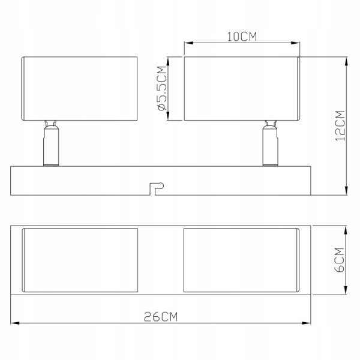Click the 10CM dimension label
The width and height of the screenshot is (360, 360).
[242, 37]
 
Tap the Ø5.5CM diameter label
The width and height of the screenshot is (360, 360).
[162, 88]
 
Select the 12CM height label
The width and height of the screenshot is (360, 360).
[340, 126]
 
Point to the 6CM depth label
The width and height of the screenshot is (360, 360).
[340, 260]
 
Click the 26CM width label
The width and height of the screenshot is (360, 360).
[161, 317]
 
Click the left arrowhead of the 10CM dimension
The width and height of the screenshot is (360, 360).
[189, 43]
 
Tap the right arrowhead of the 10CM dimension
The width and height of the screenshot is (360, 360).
[295, 43]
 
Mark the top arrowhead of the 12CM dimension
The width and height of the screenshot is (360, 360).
[346, 62]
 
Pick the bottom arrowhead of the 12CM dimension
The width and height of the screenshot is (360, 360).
[346, 191]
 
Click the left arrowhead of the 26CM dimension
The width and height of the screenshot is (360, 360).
[15, 323]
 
